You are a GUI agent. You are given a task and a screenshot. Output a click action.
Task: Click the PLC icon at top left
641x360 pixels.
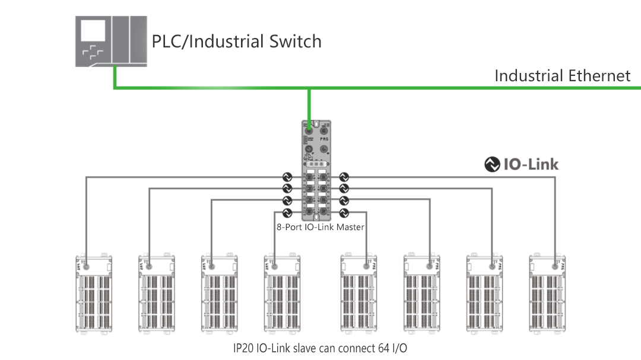(110, 41)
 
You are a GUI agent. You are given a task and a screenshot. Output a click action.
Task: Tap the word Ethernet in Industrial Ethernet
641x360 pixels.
(599, 76)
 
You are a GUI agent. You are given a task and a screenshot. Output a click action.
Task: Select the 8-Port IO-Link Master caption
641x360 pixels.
(320, 227)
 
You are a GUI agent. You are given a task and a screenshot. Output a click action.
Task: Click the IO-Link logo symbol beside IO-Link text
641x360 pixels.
(492, 164)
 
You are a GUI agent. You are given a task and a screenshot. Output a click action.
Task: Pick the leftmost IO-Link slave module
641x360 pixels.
(94, 294)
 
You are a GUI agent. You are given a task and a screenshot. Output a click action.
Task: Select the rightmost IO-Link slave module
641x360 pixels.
(548, 294)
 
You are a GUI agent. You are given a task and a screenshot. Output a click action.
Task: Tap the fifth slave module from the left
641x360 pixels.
(359, 294)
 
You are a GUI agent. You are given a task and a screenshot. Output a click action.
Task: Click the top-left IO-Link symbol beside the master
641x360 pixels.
(287, 177)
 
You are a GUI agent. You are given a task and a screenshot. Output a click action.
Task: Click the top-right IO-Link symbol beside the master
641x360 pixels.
(344, 177)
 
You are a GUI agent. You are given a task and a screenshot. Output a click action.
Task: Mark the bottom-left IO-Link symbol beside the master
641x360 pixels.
(287, 212)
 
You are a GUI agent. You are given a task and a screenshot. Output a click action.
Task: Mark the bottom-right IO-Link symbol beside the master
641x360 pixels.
(344, 212)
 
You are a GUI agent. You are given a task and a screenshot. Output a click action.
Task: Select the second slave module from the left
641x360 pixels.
(157, 294)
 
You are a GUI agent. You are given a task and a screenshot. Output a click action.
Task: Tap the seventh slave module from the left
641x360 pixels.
(485, 294)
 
